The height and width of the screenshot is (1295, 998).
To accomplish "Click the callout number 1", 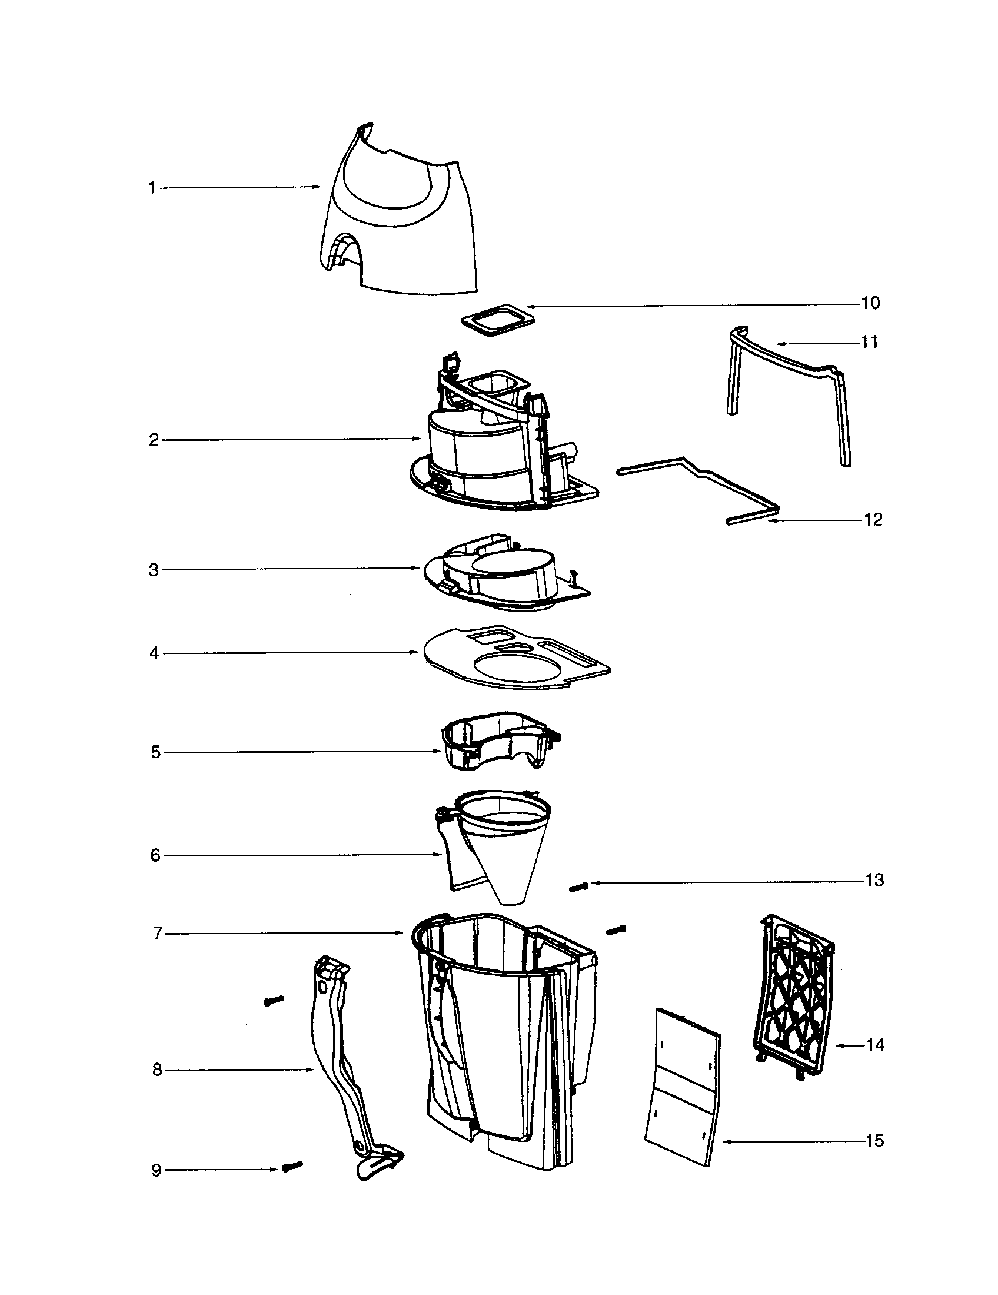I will click(x=152, y=188).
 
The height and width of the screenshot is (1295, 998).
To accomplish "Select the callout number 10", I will click(x=870, y=303).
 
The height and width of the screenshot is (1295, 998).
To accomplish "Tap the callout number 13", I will click(x=874, y=880).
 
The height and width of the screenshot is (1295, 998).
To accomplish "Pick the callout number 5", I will click(x=156, y=752).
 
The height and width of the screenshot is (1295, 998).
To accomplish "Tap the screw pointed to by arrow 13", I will click(x=578, y=886).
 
